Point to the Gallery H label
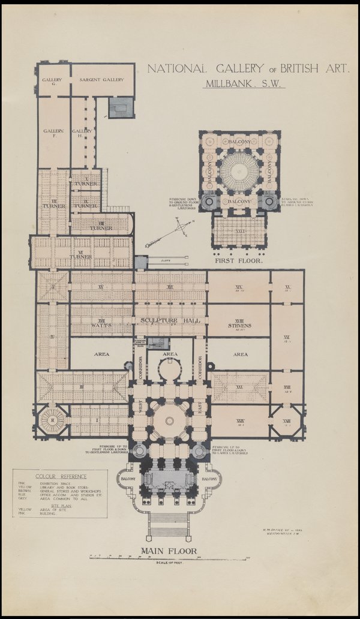point(81,131)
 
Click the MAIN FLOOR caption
point(169,550)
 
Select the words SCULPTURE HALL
point(169,320)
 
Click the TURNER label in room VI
point(80,256)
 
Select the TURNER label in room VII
point(53,206)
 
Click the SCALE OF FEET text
point(169,563)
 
